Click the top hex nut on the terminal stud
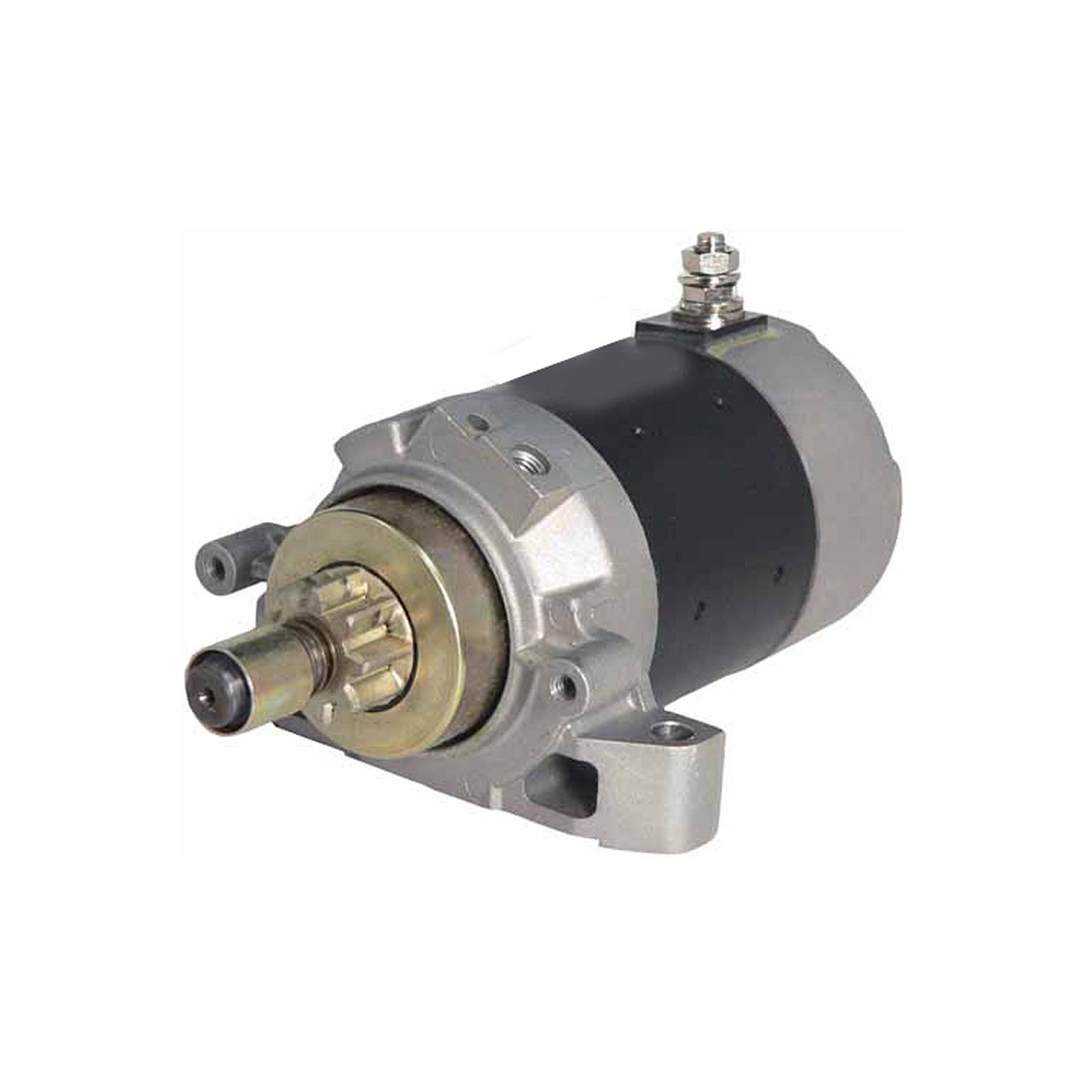pyautogui.click(x=708, y=260)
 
